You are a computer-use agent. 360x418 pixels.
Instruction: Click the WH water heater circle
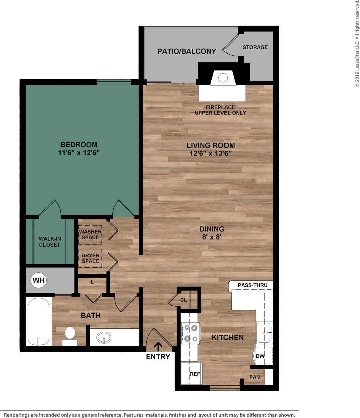[x=39, y=280]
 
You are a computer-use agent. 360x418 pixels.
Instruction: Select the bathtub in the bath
[x=38, y=322]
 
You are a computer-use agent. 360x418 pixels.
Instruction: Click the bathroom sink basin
[x=104, y=337]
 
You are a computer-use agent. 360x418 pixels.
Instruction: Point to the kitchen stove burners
[x=190, y=333]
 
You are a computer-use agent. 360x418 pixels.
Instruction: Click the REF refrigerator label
[x=195, y=374]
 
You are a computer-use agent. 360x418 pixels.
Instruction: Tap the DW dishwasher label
[x=260, y=356]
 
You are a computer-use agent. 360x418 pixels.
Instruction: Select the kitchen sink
[x=264, y=332]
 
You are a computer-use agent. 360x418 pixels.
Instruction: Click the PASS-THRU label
[x=253, y=285]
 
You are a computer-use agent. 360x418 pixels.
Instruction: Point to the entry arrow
[x=158, y=346]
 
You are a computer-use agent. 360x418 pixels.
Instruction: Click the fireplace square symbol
[x=223, y=78]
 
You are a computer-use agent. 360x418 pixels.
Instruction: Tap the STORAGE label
[x=255, y=47]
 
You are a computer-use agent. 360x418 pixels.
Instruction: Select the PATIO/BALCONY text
[x=187, y=51]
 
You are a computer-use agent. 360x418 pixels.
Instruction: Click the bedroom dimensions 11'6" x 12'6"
[x=79, y=153]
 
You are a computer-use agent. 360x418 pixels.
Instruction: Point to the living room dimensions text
[x=210, y=153]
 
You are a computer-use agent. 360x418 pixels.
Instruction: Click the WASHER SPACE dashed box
[x=90, y=234]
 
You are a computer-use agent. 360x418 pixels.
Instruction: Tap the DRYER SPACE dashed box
[x=90, y=258]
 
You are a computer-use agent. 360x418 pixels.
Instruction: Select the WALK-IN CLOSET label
[x=50, y=242]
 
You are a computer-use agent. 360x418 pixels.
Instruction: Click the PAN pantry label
[x=254, y=377]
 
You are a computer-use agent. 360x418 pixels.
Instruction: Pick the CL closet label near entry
[x=184, y=300]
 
